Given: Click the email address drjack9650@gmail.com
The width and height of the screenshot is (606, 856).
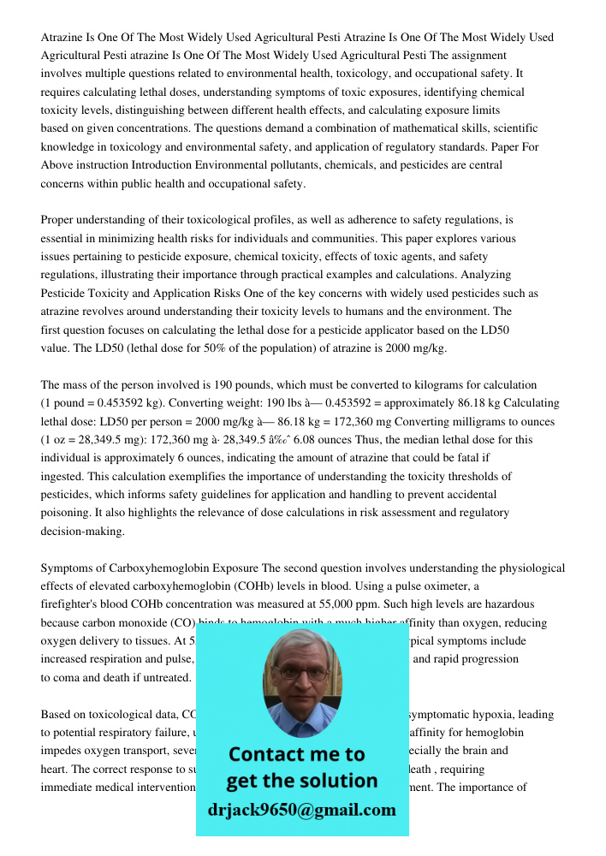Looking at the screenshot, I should click(x=301, y=810).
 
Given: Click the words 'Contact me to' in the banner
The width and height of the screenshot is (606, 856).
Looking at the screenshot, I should click(x=296, y=754).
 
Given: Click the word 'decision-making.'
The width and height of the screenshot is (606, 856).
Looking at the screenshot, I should click(x=82, y=532).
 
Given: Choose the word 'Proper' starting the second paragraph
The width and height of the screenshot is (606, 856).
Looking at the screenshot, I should click(x=58, y=220).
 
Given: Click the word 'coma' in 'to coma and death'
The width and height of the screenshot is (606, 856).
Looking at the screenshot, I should click(x=68, y=678).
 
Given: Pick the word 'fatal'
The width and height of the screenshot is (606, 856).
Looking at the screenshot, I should click(x=470, y=458).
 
